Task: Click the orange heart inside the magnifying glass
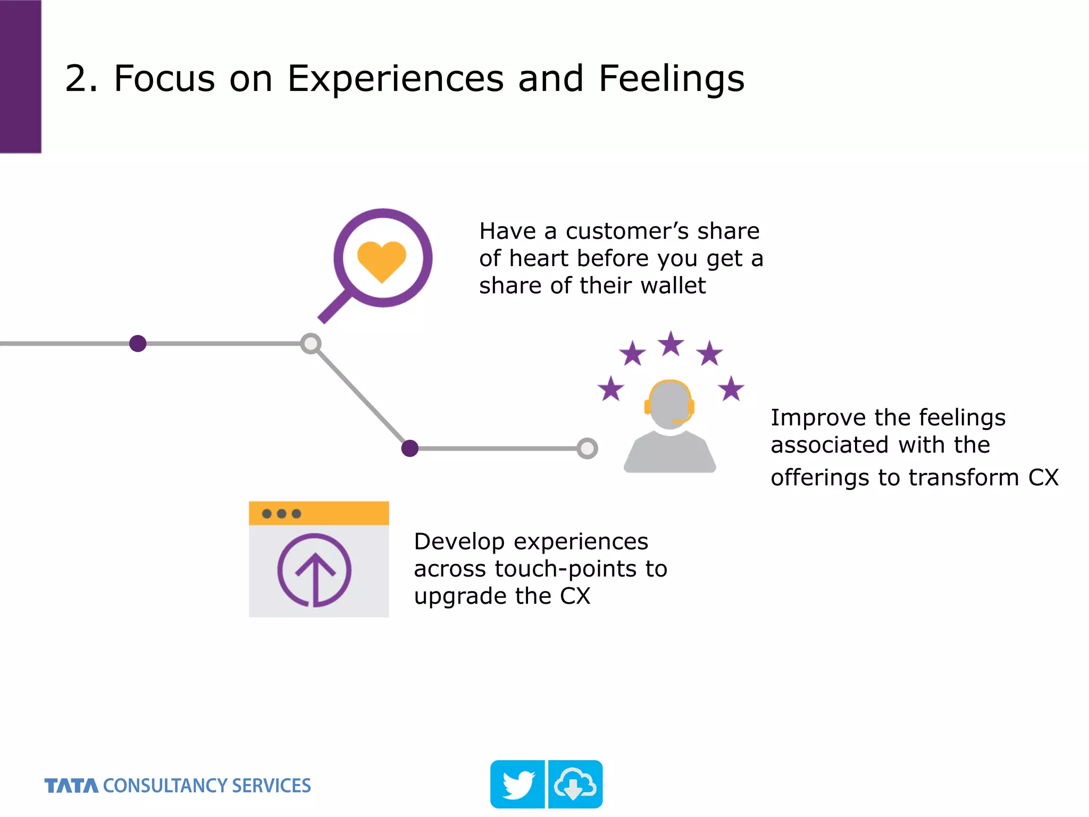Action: pos(382,260)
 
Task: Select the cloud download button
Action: pos(575,784)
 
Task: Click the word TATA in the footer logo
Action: pos(71,786)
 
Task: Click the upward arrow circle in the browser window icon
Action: pos(314,570)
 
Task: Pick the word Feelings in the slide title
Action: pos(671,79)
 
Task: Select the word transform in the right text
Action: pos(964,478)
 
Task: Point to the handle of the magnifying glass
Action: pos(334,307)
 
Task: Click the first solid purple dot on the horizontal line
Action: pos(138,344)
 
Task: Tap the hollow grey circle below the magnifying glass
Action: pos(311,344)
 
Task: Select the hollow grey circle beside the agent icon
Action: pos(587,448)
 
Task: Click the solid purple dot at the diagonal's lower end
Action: pos(409,448)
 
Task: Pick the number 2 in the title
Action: pos(76,79)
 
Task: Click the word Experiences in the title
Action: pos(396,79)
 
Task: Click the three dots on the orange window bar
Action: pos(281,513)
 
